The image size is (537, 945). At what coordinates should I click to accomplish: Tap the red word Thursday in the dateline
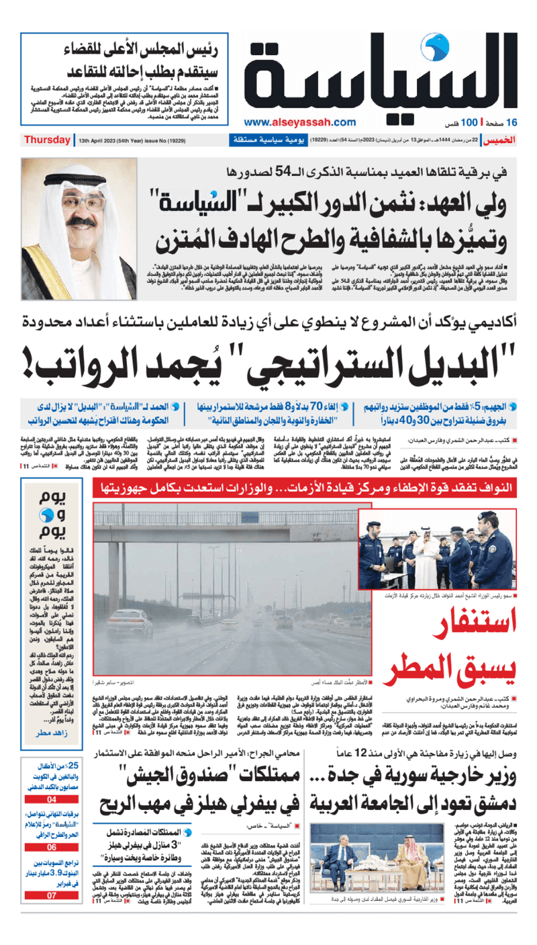tap(47, 140)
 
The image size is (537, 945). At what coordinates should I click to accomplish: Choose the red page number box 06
tap(52, 847)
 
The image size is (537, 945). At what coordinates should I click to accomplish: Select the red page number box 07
tap(52, 895)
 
